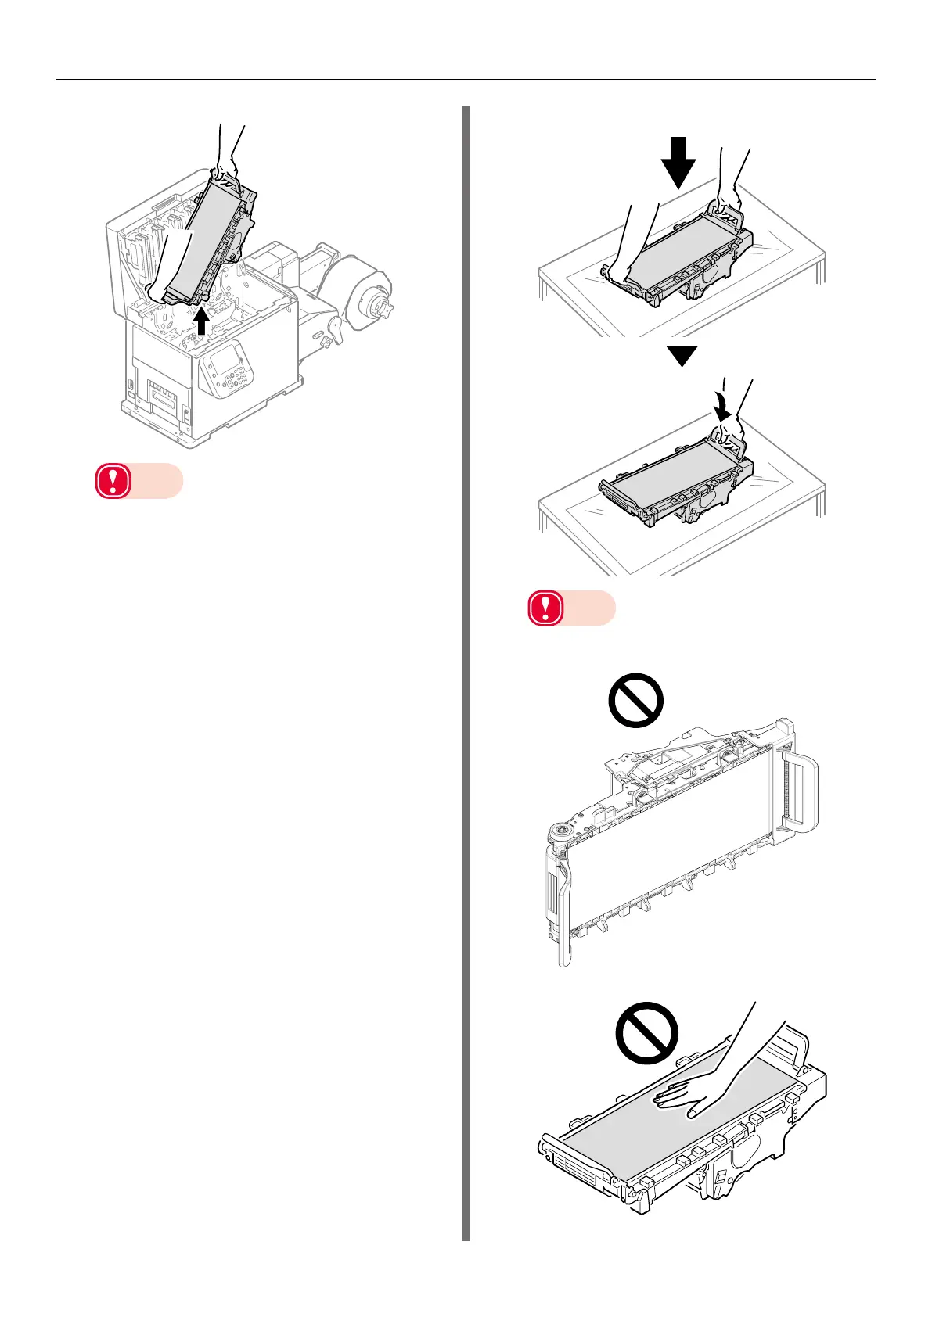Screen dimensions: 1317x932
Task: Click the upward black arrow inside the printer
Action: point(202,321)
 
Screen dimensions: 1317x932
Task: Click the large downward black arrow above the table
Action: point(678,162)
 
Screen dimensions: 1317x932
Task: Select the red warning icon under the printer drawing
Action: point(113,482)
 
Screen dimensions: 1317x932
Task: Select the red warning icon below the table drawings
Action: point(545,608)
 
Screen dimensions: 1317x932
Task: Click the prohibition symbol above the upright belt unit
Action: point(635,700)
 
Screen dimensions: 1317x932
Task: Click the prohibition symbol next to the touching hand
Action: point(646,1032)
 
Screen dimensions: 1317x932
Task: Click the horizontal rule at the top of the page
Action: point(466,79)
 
